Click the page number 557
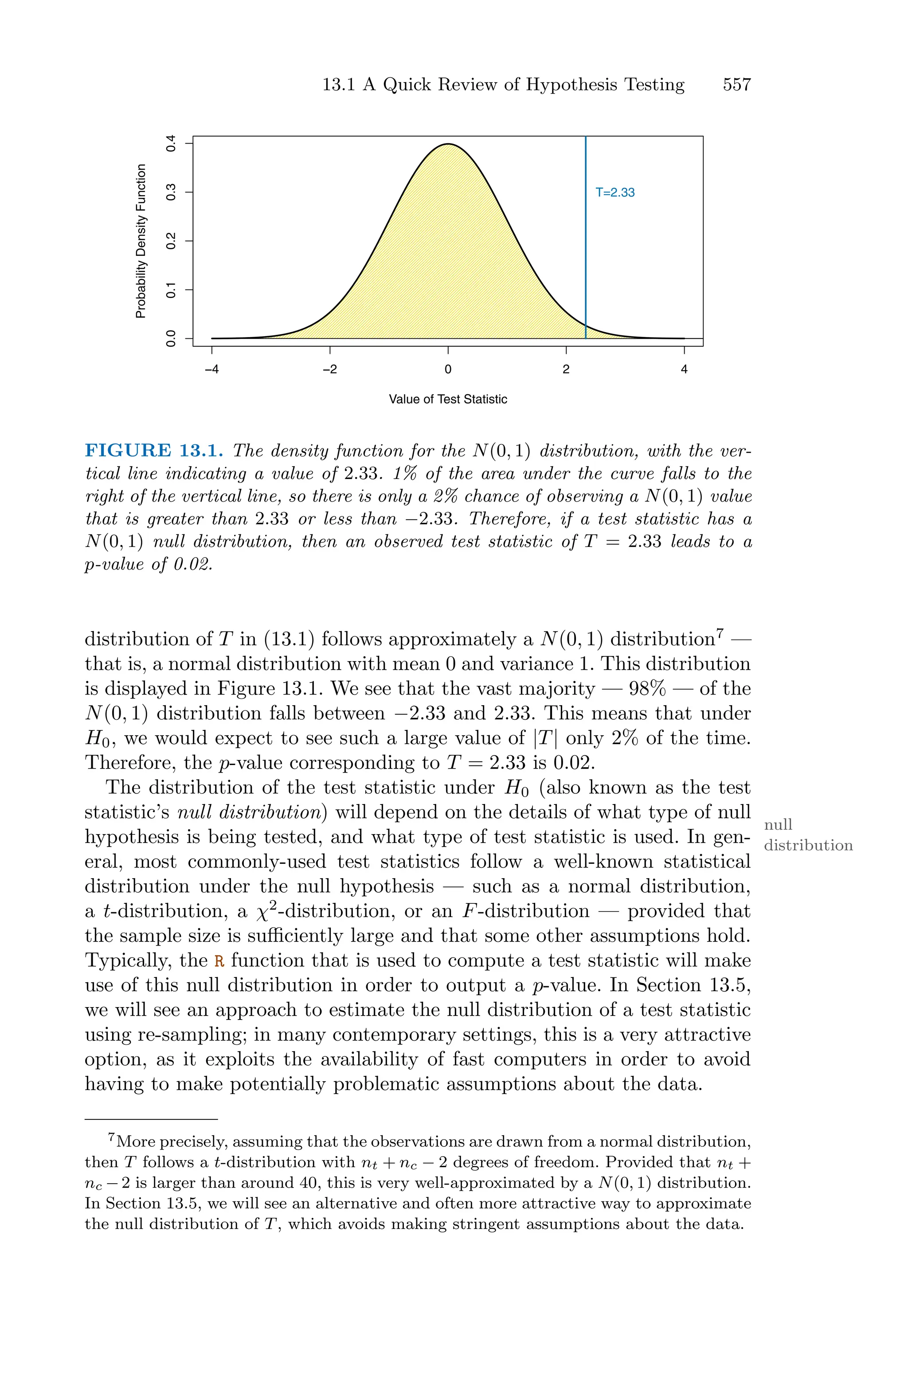pyautogui.click(x=736, y=85)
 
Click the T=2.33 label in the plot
pyautogui.click(x=615, y=193)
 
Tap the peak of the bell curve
pyautogui.click(x=448, y=144)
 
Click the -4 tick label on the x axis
pyautogui.click(x=212, y=369)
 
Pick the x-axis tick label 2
pyautogui.click(x=566, y=369)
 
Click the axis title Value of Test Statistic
pyautogui.click(x=448, y=400)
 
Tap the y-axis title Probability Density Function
pyautogui.click(x=140, y=241)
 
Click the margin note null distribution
pyautogui.click(x=808, y=835)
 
